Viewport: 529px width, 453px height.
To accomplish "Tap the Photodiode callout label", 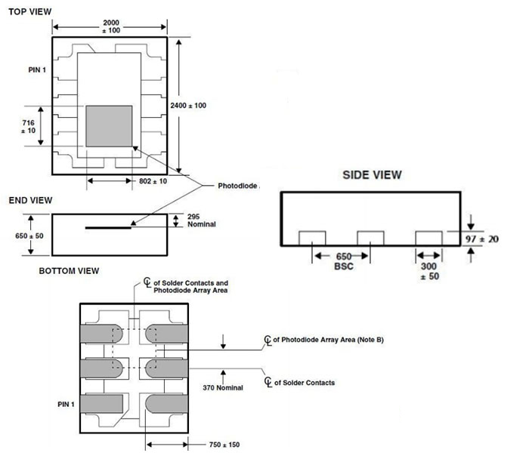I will [x=238, y=186].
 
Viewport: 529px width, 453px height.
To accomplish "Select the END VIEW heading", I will [x=29, y=200].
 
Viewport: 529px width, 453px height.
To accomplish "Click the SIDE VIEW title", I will [x=372, y=174].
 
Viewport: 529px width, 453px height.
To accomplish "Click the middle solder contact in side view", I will [x=370, y=237].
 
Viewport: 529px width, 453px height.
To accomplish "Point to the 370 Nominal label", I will [x=222, y=387].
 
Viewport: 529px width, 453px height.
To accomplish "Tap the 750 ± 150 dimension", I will [x=227, y=444].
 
